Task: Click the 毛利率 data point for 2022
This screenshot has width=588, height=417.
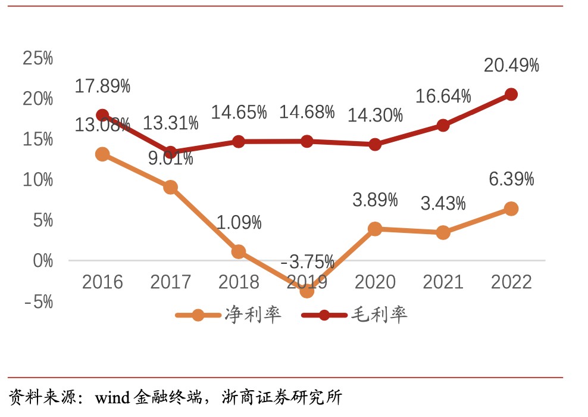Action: point(511,94)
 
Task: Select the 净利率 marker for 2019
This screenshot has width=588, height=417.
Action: point(306,291)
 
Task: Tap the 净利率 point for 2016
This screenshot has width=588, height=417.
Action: point(102,154)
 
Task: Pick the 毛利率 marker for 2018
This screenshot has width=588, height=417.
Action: point(239,141)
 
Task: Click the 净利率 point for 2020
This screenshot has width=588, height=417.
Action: point(375,229)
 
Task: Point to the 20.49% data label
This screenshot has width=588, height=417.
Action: point(511,65)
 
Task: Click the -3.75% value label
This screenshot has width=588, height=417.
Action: point(307,262)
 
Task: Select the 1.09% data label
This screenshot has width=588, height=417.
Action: point(239,223)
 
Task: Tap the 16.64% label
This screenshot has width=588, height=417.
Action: point(443,96)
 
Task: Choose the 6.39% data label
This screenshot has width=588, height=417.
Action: point(511,179)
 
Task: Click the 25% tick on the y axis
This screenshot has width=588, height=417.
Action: point(38,58)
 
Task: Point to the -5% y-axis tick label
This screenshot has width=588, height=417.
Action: point(38,302)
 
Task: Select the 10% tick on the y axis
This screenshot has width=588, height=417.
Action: point(38,180)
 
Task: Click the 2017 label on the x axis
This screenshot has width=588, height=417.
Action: point(170,282)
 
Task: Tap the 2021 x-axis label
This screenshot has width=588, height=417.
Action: point(443,282)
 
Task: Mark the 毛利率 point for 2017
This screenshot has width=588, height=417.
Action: point(171,153)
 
